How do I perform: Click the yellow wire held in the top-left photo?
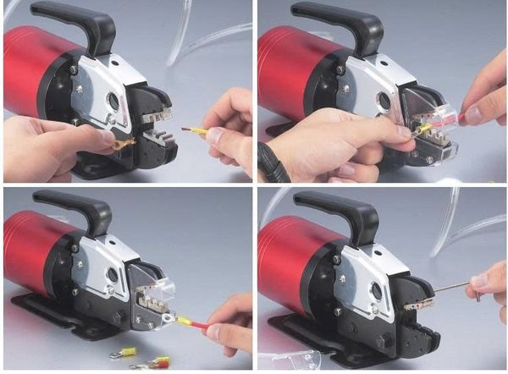coord(196,131)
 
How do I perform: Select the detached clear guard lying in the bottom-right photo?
coord(288,360)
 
